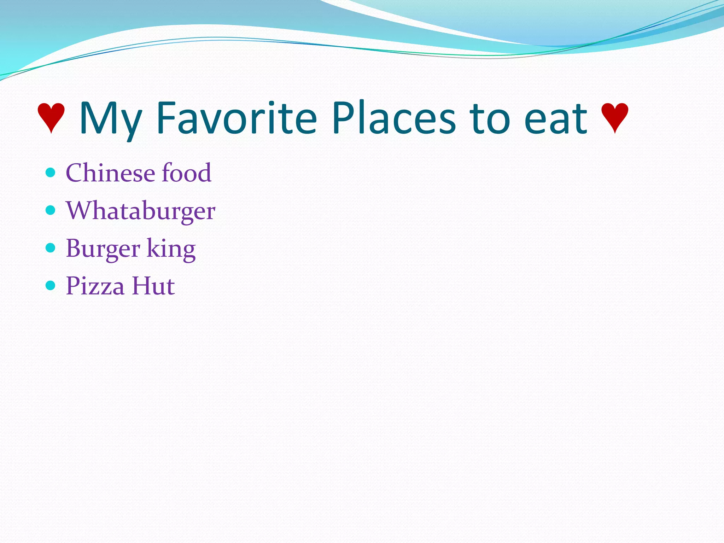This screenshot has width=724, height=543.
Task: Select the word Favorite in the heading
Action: [x=237, y=118]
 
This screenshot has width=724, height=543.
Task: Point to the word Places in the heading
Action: [x=393, y=118]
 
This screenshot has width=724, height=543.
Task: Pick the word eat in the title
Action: [x=555, y=119]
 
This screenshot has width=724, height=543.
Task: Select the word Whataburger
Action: [x=140, y=211]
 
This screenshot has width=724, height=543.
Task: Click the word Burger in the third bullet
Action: [x=103, y=249]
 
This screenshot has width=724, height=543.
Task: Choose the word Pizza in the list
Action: [x=95, y=286]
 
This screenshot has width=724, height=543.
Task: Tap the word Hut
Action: [x=153, y=286]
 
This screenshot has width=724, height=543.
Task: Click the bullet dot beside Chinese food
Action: [x=51, y=173]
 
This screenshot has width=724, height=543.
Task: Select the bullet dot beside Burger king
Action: [x=51, y=248]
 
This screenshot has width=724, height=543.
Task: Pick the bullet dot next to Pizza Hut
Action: [x=51, y=286]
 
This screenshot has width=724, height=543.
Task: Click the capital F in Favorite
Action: [x=166, y=118]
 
